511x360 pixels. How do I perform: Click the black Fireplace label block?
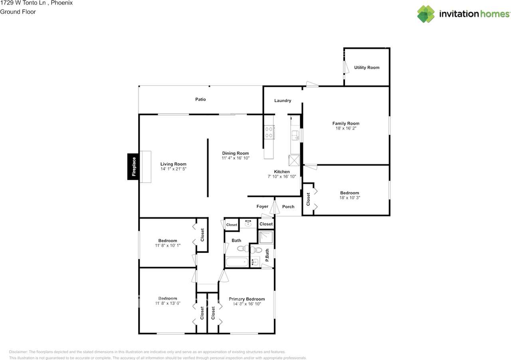coord(134,167)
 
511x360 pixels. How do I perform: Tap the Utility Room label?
coord(366,68)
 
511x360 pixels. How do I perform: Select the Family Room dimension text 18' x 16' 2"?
coord(346,129)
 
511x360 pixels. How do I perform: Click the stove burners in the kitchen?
coord(269,132)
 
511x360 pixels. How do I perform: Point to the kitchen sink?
coord(295,135)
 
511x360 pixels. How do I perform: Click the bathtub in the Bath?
coord(237,263)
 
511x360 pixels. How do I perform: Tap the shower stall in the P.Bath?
coord(266,237)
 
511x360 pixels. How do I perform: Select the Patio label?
coord(200,99)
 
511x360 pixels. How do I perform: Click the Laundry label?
coord(283,101)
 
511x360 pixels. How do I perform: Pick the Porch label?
coord(288,207)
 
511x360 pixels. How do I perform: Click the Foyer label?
coord(262,207)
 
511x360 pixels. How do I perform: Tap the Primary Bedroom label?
coord(247,299)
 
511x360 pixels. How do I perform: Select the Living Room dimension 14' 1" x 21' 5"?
coord(173,169)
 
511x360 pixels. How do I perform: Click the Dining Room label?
coord(236,153)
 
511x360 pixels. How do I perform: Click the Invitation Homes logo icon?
coord(426,14)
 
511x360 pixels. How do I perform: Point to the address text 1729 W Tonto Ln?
coord(22,3)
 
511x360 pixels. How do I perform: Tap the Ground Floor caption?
coord(18,12)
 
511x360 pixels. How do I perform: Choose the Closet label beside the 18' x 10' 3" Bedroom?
coord(308,199)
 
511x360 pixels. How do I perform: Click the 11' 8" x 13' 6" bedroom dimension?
coord(167,303)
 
